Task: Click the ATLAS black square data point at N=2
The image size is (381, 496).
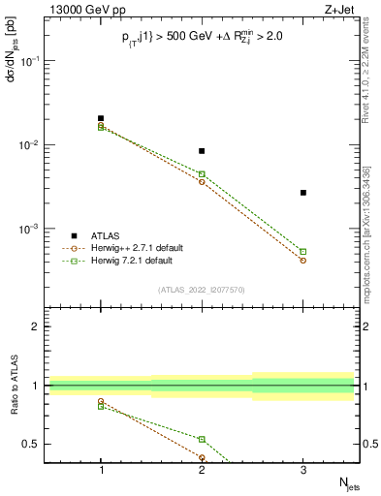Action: (x=202, y=151)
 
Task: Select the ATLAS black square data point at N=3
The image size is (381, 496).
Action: (x=303, y=193)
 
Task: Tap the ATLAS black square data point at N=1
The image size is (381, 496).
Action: (x=101, y=118)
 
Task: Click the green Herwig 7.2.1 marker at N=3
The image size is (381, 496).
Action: (x=303, y=252)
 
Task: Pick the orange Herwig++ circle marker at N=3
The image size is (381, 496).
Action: (x=303, y=261)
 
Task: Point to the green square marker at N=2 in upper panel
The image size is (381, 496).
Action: (x=202, y=174)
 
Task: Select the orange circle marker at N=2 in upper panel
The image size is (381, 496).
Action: (x=202, y=182)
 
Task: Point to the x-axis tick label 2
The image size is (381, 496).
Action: (x=202, y=470)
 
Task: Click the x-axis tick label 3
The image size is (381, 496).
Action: (x=303, y=470)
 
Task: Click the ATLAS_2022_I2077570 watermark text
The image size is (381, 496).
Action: (x=202, y=289)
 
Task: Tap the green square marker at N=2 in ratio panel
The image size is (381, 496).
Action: (x=202, y=439)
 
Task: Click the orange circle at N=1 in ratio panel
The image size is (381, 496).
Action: (x=101, y=401)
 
